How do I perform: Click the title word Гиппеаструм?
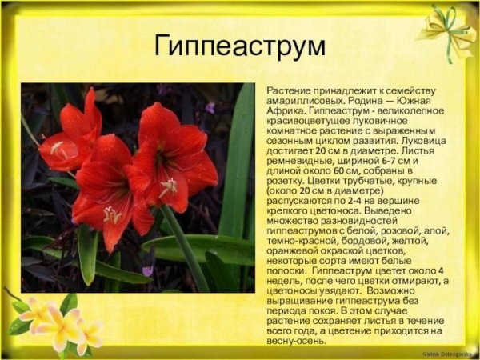pos(239,46)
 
